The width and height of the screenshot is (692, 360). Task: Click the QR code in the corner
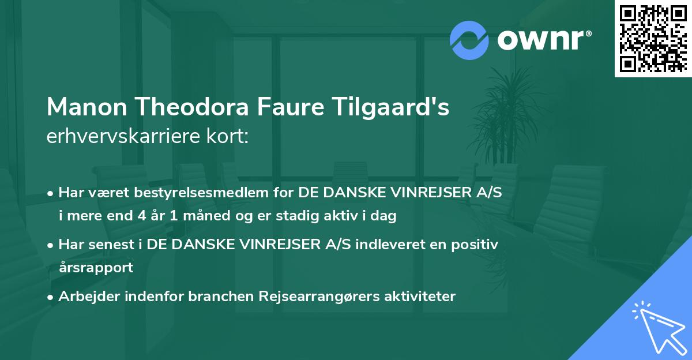pyautogui.click(x=653, y=38)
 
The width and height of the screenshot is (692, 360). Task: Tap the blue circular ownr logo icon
pyautogui.click(x=468, y=40)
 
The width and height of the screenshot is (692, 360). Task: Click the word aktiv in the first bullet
pyautogui.click(x=359, y=217)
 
